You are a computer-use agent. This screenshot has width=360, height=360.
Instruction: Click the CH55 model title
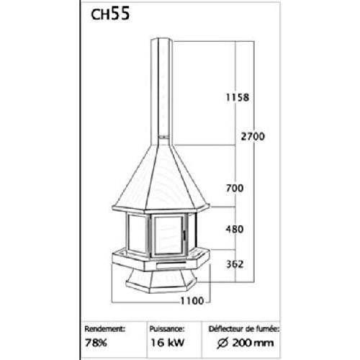click(x=110, y=14)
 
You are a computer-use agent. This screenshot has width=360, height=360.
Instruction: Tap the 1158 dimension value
click(x=238, y=97)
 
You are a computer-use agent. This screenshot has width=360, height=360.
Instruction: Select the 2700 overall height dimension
click(x=253, y=137)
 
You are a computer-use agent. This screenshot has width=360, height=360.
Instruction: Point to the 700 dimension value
click(x=235, y=188)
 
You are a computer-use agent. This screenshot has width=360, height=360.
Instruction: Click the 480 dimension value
click(x=235, y=229)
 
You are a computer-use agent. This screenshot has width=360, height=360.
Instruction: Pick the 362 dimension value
click(x=235, y=264)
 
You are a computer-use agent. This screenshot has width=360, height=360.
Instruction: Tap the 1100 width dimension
click(x=192, y=300)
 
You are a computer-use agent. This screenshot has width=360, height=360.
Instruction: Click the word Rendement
click(x=105, y=329)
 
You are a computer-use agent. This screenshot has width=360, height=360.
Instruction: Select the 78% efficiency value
click(x=96, y=343)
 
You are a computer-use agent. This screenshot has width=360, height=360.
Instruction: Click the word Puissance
click(x=167, y=329)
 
